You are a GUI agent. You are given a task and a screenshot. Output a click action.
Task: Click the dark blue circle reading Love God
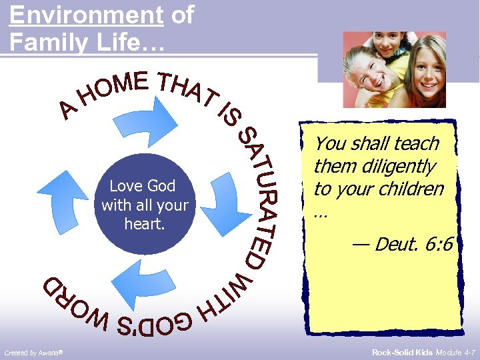click(145, 204)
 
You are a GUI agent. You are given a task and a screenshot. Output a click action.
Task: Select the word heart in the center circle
click(144, 224)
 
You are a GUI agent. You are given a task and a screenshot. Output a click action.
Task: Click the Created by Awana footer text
click(33, 352)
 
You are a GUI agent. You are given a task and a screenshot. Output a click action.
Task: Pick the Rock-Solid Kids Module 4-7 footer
click(423, 351)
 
